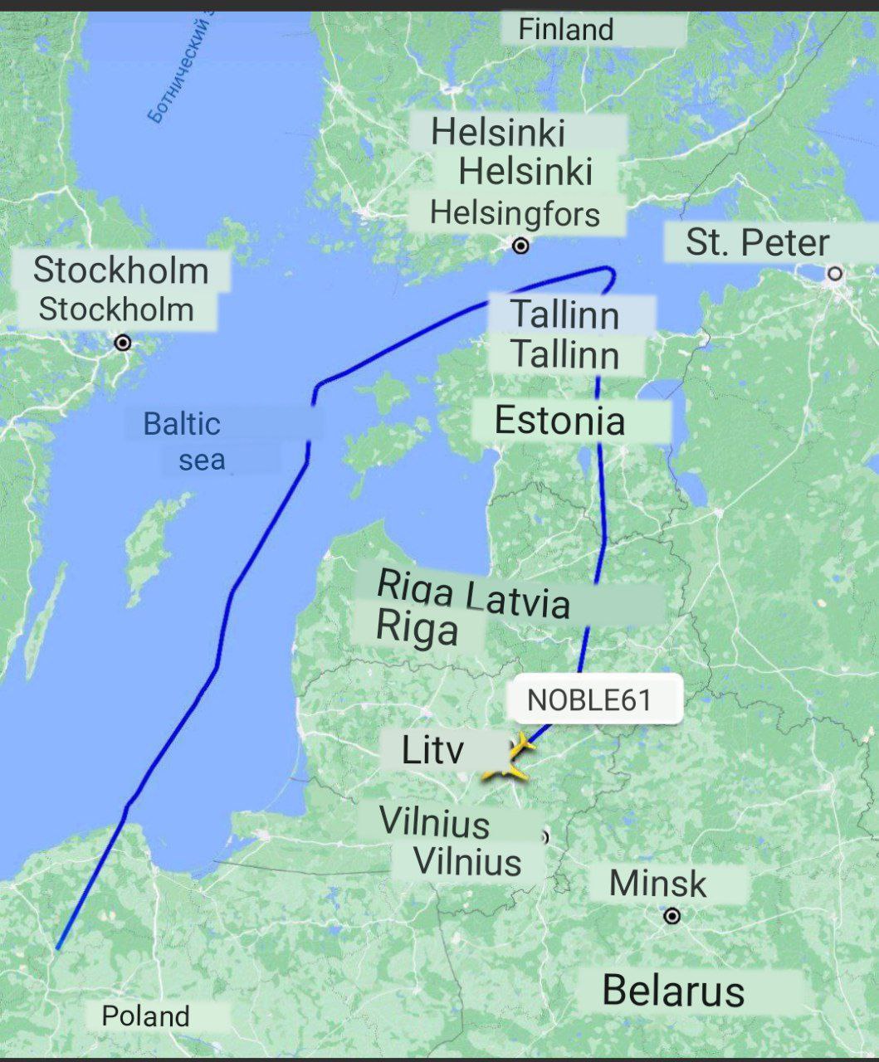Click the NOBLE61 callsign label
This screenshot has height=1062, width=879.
click(589, 699)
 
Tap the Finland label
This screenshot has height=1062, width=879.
click(566, 30)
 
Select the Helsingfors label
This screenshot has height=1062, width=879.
click(515, 214)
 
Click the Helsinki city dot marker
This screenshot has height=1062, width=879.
click(520, 246)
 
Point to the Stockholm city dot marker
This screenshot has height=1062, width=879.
click(123, 343)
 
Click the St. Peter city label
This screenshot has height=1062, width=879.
click(757, 242)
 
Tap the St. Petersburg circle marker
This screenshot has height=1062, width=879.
click(835, 273)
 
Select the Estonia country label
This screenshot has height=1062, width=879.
click(559, 421)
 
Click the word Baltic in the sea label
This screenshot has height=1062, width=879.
click(182, 424)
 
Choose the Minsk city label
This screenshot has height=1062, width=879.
click(657, 884)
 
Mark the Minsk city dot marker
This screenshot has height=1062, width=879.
click(672, 916)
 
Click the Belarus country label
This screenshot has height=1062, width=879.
click(673, 991)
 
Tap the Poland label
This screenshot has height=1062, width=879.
click(145, 1016)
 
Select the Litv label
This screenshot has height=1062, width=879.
click(432, 750)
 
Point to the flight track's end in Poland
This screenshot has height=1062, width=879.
click(57, 947)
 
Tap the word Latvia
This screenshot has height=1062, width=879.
click(519, 600)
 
